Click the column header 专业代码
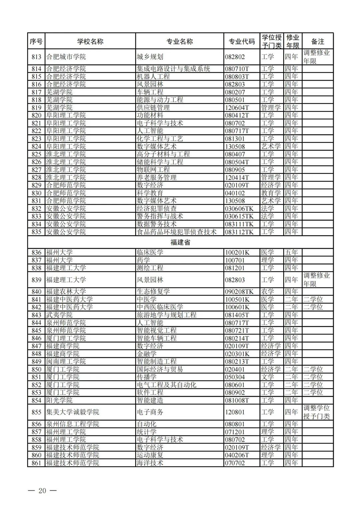[x=242, y=41]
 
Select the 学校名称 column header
[x=90, y=41]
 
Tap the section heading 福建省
[x=180, y=242]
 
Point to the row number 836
[x=36, y=253]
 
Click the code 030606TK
[x=239, y=209]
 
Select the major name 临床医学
[x=150, y=253]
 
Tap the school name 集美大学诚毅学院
[x=73, y=412]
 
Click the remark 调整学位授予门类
[x=316, y=412]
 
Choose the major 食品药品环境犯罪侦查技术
[x=177, y=232]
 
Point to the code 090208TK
[x=239, y=292]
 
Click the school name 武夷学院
[x=59, y=315]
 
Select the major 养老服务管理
[x=157, y=178]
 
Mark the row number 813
[x=36, y=57]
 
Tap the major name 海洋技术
[x=150, y=463]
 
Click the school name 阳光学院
[x=59, y=400]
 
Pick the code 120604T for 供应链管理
[x=237, y=108]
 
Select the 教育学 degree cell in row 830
[x=271, y=193]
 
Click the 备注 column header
[x=318, y=41]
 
